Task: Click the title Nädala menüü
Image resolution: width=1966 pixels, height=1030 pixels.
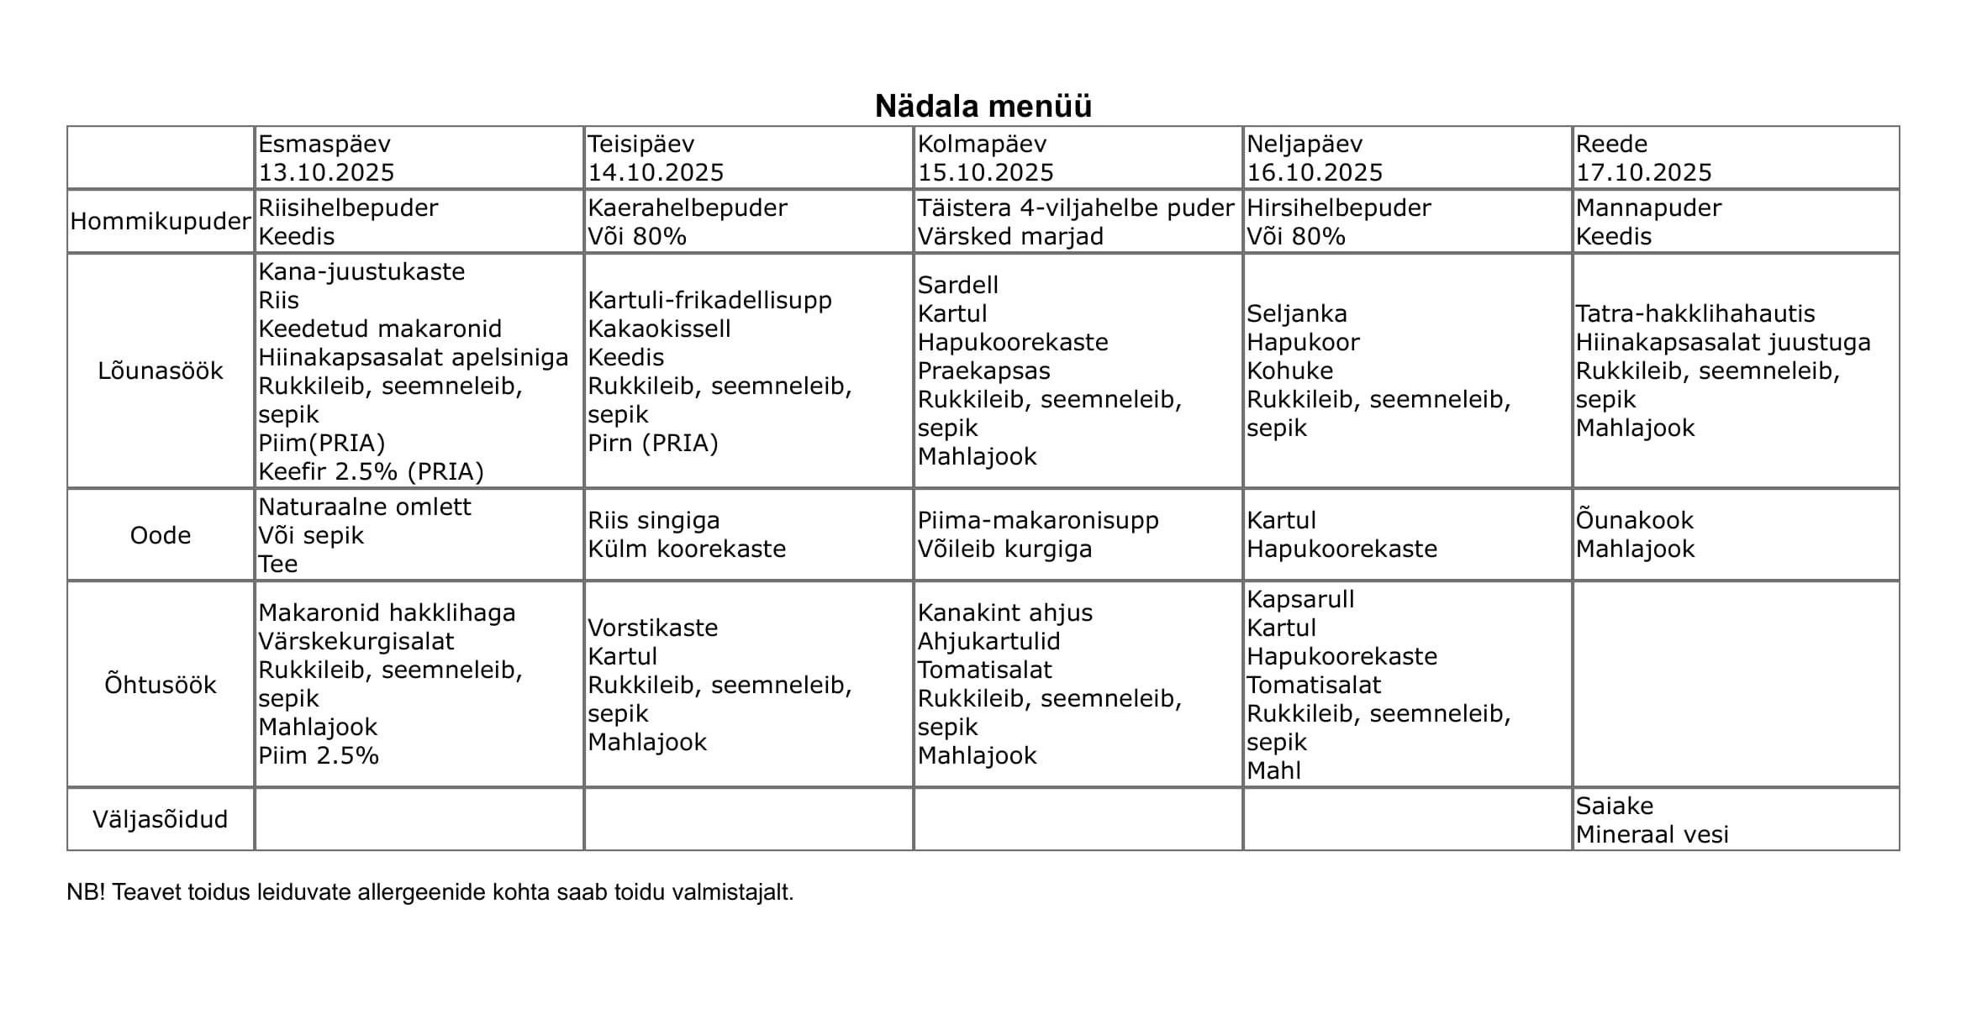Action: coord(983,107)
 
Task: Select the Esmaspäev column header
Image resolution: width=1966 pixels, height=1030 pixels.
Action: coord(324,144)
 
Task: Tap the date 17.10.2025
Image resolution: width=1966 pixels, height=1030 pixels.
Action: coord(1643,172)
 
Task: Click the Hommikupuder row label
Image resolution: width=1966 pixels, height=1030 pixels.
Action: coord(161,222)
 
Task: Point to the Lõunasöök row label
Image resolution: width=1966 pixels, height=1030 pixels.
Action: coord(161,370)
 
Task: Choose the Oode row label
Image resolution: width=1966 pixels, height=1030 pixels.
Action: coord(161,535)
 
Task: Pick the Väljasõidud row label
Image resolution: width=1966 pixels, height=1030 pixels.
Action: coord(161,819)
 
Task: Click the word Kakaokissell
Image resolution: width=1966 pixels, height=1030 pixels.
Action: coord(659,328)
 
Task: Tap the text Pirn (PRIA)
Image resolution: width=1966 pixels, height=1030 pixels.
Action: coord(652,443)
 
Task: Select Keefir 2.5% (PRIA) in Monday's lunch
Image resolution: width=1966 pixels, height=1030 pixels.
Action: coord(371,471)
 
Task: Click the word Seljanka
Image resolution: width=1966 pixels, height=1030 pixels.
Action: coord(1296,313)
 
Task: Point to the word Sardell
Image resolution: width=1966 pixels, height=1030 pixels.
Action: coord(957,285)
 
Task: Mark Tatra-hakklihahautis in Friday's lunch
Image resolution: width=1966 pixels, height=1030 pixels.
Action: coord(1695,313)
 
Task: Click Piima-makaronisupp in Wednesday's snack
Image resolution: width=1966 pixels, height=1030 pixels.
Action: coord(1038,520)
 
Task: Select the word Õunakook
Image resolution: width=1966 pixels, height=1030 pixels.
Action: coord(1634,520)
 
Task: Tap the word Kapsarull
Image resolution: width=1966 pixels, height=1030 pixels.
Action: coord(1300,599)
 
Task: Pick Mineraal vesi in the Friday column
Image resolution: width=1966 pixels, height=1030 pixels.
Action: coord(1652,834)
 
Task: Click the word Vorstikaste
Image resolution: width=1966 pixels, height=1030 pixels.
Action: coord(652,628)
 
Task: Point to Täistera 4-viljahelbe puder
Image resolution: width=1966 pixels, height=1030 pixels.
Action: coord(1075,208)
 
